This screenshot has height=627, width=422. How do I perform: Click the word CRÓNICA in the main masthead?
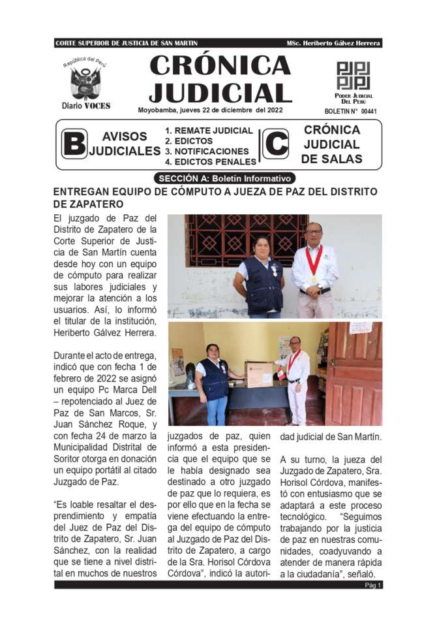220,65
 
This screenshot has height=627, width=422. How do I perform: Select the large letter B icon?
74,144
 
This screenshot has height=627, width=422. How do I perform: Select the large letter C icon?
275,144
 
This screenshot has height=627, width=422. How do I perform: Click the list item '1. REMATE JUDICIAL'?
209,131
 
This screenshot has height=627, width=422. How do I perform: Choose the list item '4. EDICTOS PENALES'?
211,161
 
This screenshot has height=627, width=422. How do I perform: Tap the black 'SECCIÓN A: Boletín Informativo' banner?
225,178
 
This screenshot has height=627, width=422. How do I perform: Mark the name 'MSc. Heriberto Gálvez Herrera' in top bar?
333,43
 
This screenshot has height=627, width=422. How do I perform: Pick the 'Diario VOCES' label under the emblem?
86,106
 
